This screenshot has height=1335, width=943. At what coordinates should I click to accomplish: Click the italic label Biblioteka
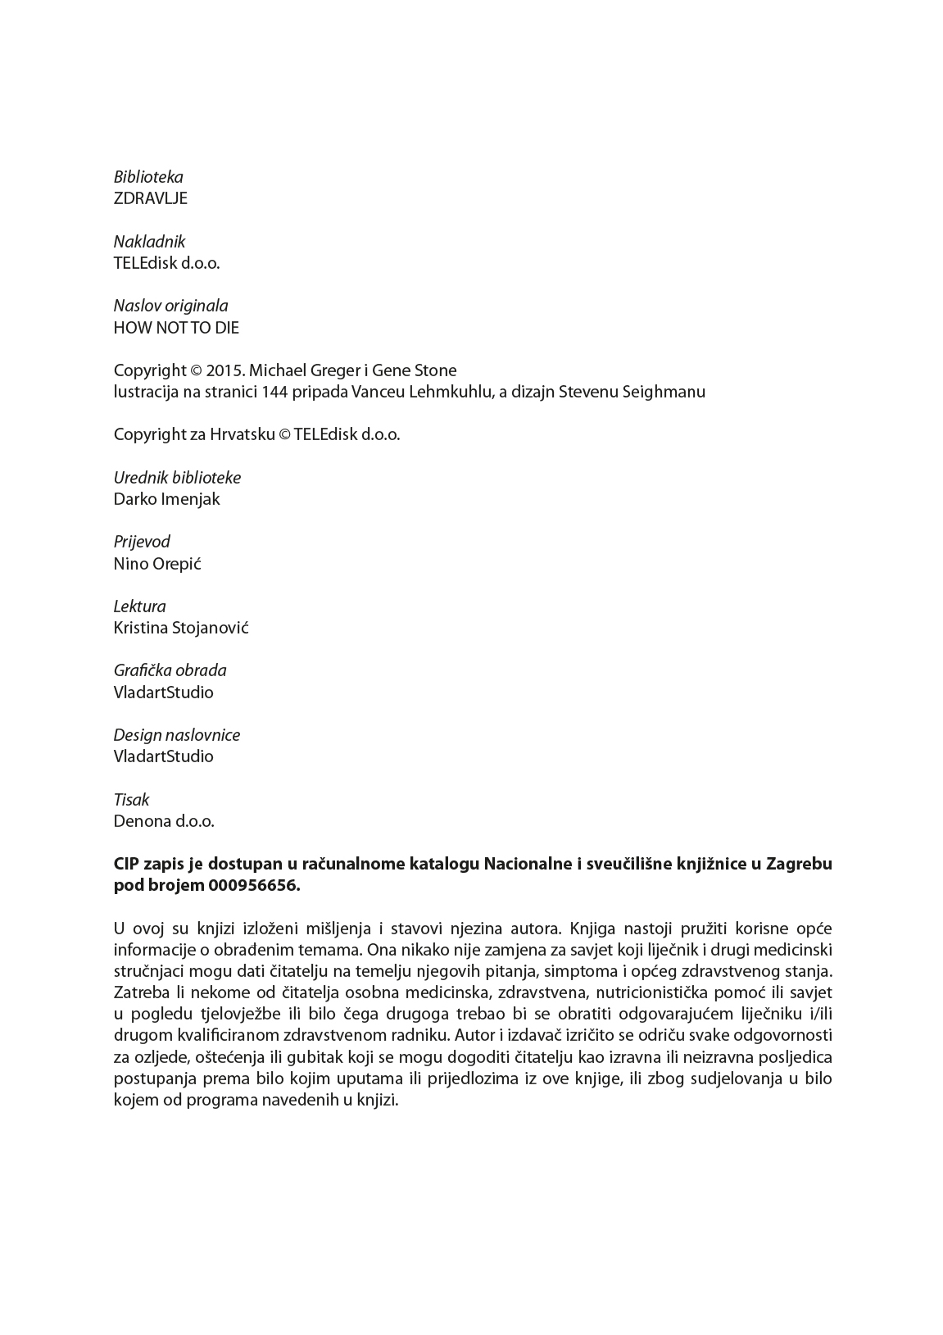tap(148, 177)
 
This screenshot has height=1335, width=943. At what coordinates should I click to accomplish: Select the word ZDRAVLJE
tap(150, 199)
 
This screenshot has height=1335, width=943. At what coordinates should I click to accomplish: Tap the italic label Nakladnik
tap(149, 242)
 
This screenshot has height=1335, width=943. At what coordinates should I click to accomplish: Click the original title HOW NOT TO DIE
tap(176, 328)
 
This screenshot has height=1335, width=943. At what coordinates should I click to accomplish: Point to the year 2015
tap(225, 370)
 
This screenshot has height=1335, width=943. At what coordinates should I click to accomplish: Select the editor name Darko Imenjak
tap(166, 499)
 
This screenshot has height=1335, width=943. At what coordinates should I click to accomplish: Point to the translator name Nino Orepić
tap(157, 564)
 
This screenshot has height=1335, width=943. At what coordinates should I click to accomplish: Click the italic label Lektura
tap(139, 606)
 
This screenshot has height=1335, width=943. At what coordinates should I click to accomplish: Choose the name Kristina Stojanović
tap(181, 629)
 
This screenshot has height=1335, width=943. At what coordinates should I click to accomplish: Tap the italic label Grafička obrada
tap(170, 670)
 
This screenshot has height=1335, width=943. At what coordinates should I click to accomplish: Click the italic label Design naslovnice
tap(176, 735)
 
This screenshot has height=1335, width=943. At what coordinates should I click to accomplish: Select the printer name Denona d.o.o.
tap(164, 821)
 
